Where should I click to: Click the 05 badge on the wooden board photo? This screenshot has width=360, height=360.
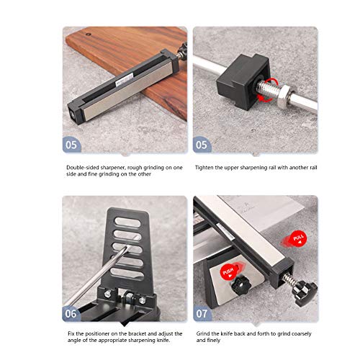(71, 145)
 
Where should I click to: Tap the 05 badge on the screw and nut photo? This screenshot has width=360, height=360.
(202, 145)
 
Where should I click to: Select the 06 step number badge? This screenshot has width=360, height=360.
(71, 314)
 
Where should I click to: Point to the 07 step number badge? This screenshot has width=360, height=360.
(202, 314)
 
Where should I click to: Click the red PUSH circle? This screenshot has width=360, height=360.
(229, 272)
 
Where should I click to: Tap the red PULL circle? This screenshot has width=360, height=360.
(298, 239)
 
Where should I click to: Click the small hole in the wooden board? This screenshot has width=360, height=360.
(89, 34)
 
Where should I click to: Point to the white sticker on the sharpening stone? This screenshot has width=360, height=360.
(125, 80)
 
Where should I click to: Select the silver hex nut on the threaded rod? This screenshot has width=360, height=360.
(284, 95)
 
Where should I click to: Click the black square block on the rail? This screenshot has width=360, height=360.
(243, 81)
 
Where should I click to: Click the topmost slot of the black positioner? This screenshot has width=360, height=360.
(127, 222)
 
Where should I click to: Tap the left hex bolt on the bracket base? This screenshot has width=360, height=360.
(107, 293)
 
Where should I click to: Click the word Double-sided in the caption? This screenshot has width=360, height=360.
(82, 168)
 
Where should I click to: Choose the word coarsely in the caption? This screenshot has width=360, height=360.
(300, 334)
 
